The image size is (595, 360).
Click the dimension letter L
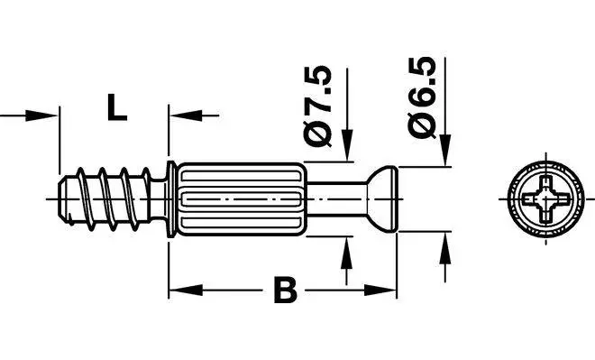(x=114, y=107)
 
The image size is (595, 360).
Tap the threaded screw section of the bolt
(x=104, y=198)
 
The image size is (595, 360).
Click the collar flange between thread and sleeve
(x=170, y=198)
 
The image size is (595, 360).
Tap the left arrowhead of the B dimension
(x=179, y=291)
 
